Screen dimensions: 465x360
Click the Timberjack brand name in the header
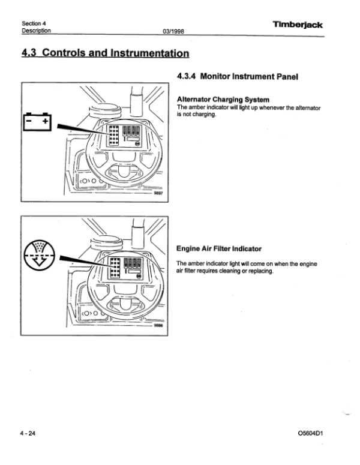(298, 25)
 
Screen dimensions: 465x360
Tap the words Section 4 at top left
(34, 23)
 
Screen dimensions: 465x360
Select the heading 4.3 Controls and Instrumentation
(106, 53)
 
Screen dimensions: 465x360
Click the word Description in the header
(36, 30)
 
